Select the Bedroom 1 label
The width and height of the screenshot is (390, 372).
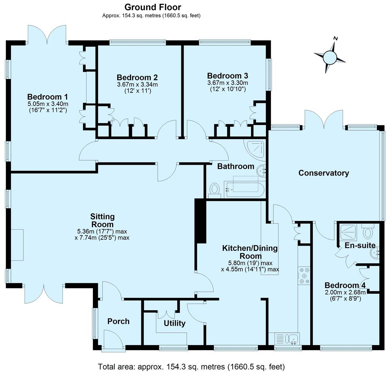click(47, 97)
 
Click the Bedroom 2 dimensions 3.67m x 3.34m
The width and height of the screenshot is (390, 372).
click(137, 84)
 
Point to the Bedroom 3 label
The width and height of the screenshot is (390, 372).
click(228, 76)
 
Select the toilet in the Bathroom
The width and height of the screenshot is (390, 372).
click(214, 189)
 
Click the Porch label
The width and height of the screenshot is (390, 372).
click(118, 321)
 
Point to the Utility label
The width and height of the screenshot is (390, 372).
click(174, 323)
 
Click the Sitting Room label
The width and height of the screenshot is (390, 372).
click(102, 220)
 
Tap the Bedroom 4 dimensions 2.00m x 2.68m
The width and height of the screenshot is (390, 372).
click(345, 293)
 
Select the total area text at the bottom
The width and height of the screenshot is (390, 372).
click(191, 367)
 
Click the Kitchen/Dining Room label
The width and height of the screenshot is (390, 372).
click(250, 252)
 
